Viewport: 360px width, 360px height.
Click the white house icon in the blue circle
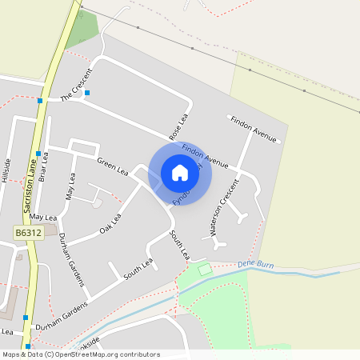[180, 172]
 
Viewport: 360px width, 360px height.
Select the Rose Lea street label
[177, 125]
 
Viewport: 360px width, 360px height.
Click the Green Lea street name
[112, 166]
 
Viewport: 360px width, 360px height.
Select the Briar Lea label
[44, 167]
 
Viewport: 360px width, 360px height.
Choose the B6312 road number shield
[27, 233]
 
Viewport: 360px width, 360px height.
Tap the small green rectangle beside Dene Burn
[205, 270]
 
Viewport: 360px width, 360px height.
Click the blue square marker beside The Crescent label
[87, 93]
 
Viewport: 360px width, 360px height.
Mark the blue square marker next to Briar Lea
[38, 153]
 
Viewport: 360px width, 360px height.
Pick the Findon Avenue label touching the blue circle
[205, 154]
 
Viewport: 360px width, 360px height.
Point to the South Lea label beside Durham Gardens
[138, 270]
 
